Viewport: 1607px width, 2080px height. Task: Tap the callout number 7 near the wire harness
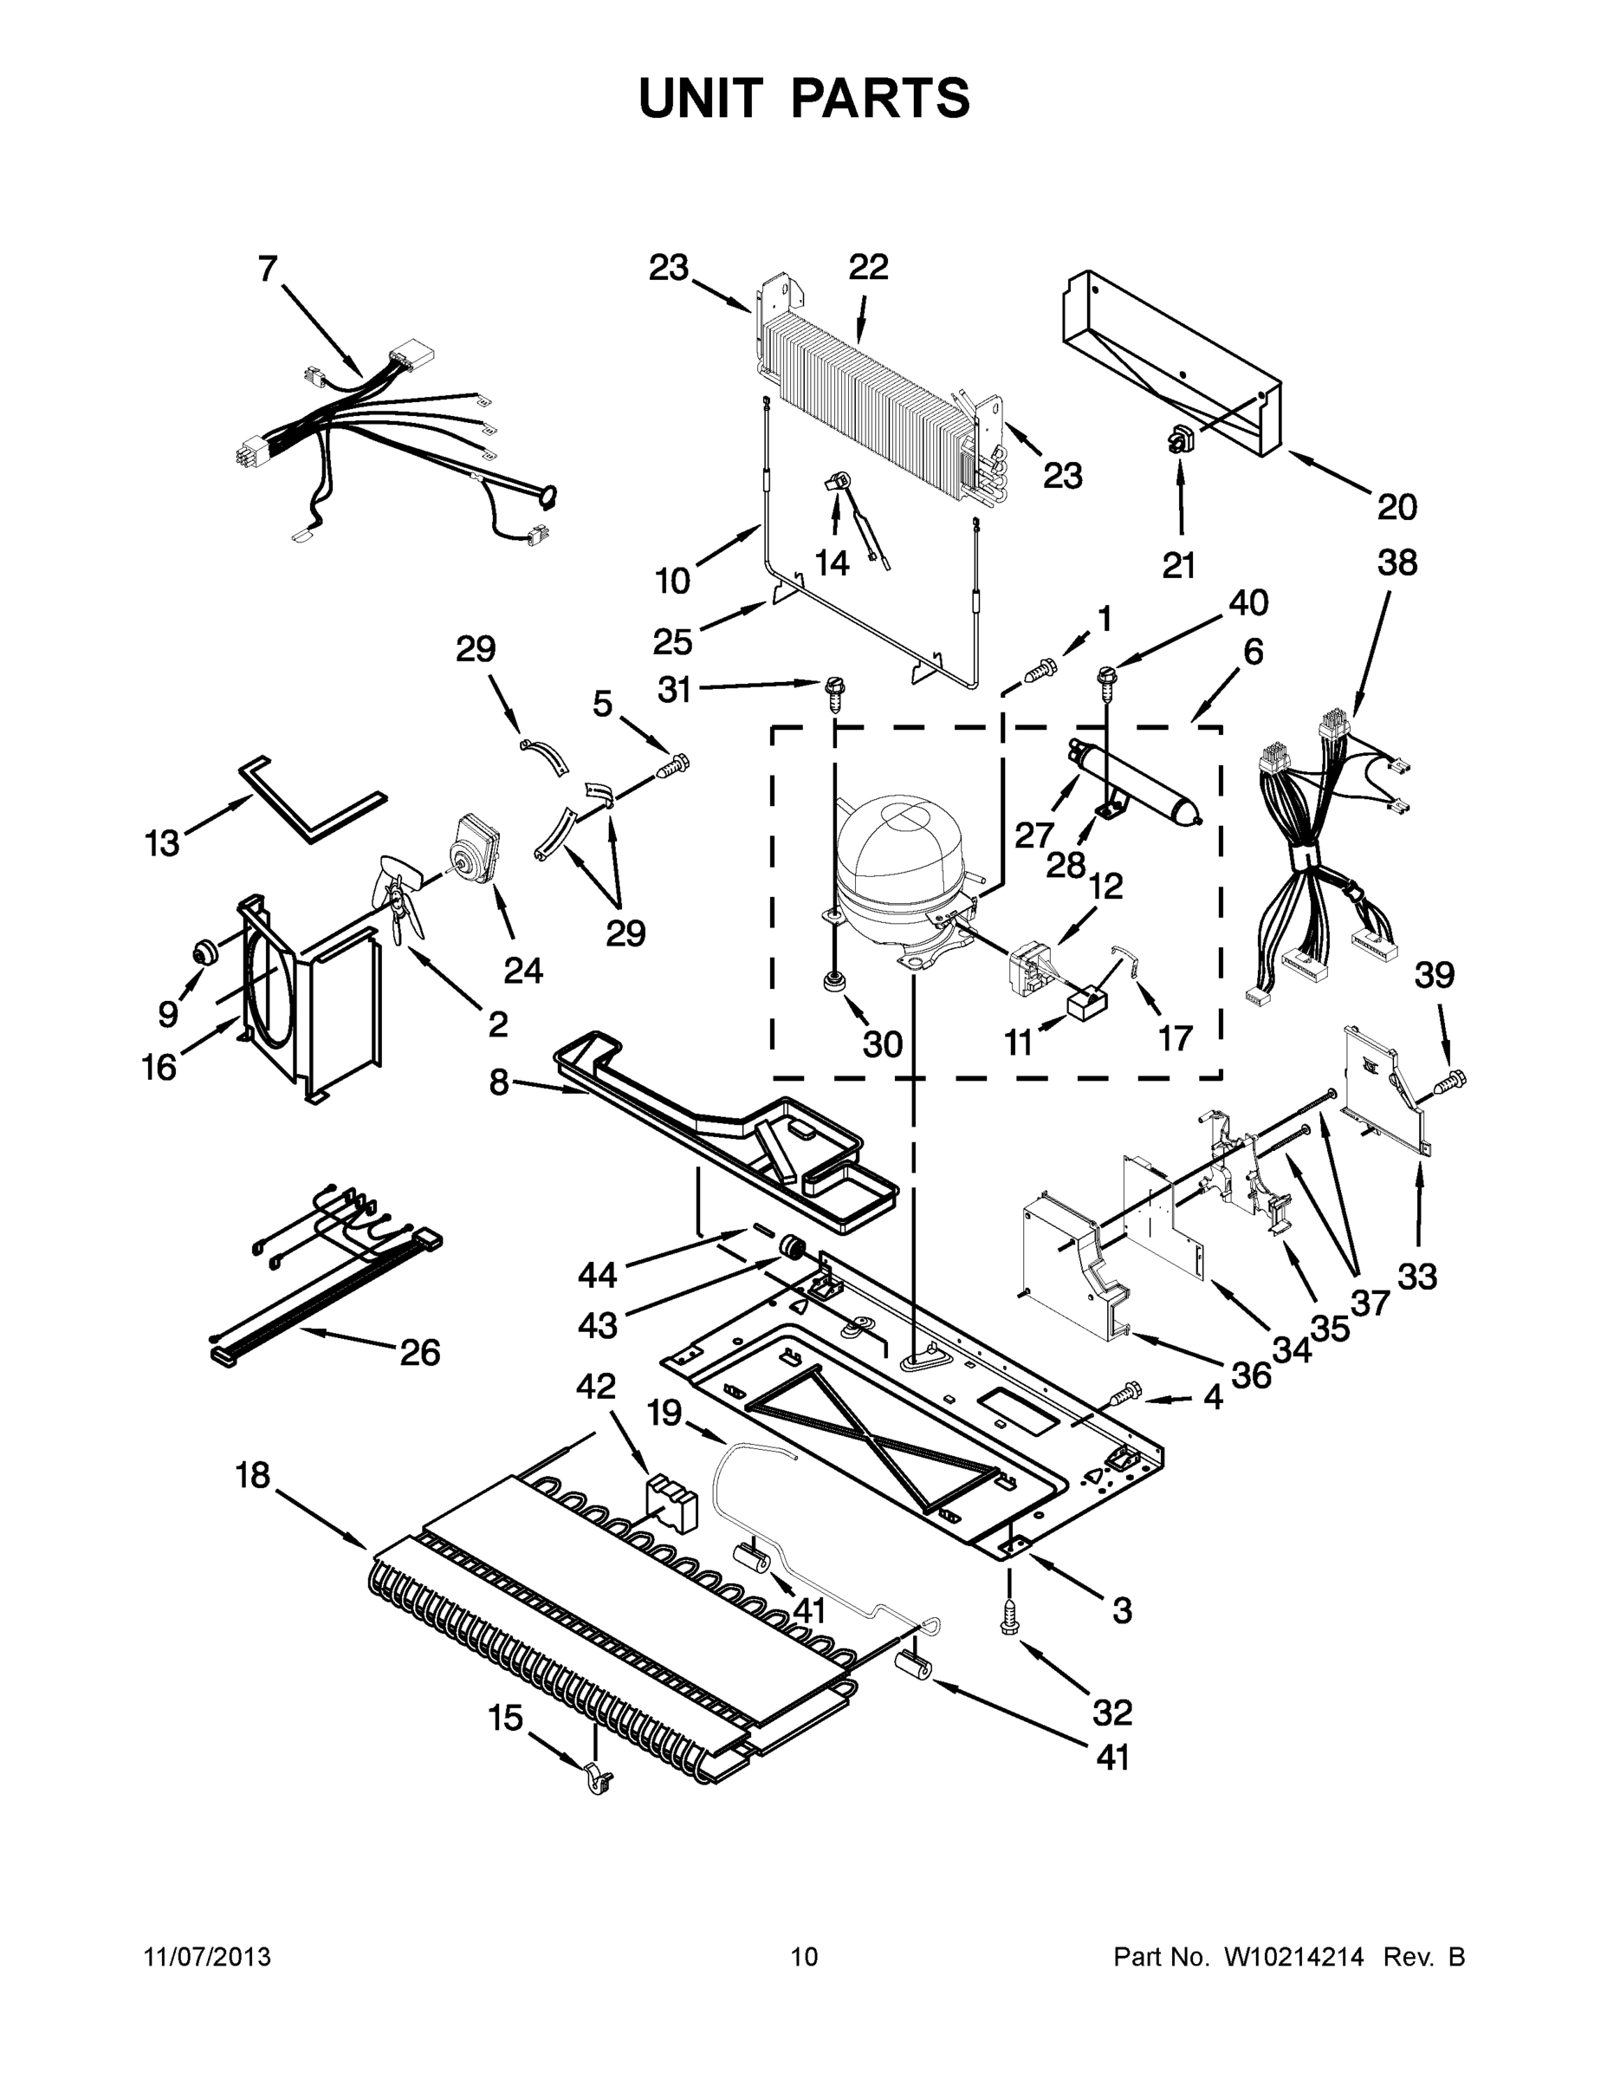(268, 270)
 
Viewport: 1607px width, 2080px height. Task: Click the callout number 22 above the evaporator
(867, 268)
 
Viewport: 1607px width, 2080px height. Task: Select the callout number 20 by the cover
(1396, 507)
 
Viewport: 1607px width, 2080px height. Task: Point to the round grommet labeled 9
(203, 950)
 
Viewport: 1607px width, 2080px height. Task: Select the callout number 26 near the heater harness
(420, 1351)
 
